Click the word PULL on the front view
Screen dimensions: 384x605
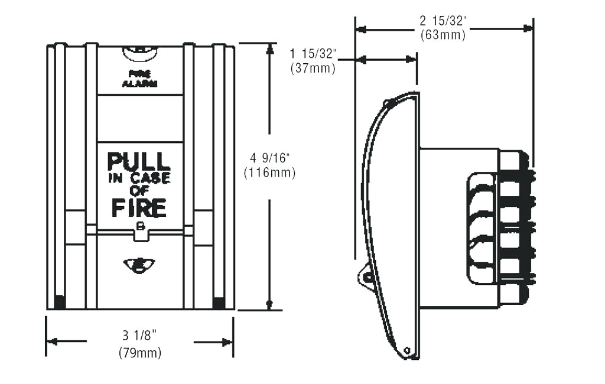[139, 161]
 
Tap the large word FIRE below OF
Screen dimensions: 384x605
[139, 208]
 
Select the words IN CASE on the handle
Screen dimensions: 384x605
[139, 178]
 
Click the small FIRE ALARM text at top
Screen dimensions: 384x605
[139, 79]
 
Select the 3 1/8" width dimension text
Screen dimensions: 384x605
[139, 336]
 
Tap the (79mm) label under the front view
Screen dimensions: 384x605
[139, 353]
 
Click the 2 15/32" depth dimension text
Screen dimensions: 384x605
[443, 21]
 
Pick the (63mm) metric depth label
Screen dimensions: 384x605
[443, 35]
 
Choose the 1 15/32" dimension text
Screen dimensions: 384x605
[313, 54]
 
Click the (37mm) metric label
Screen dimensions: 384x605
[313, 68]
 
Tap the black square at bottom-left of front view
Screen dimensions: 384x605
[60, 302]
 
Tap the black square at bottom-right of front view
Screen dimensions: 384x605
[219, 302]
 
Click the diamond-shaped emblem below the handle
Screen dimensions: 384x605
[139, 265]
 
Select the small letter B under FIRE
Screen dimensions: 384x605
[140, 226]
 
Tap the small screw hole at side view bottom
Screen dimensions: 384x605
[407, 351]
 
